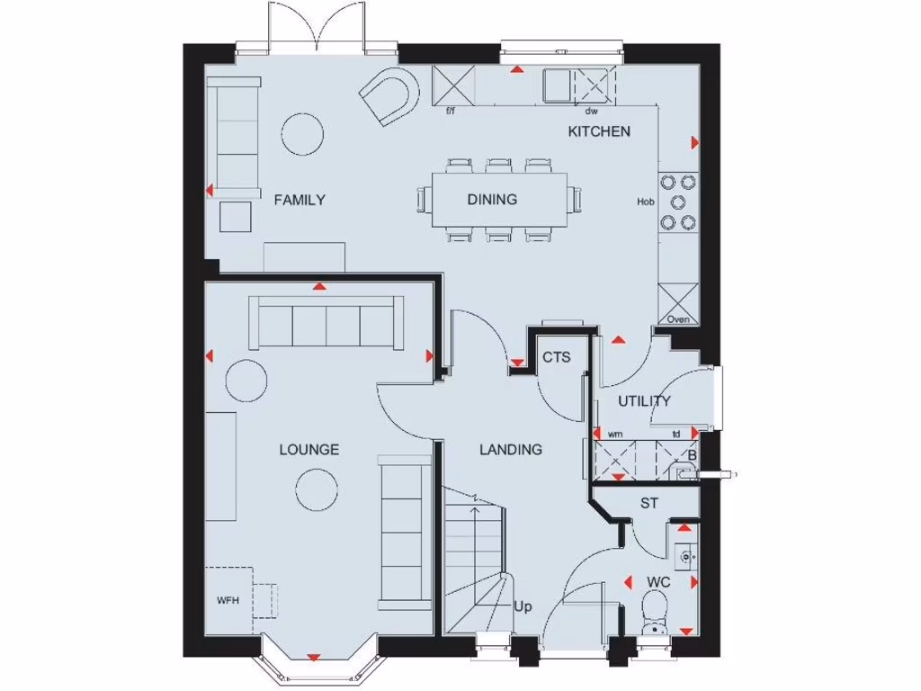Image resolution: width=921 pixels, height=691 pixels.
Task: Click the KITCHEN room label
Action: point(598,131)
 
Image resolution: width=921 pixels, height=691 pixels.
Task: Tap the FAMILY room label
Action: point(300,200)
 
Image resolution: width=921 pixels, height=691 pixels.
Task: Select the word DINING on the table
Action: point(492,200)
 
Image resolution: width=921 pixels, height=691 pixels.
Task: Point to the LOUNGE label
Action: point(308,449)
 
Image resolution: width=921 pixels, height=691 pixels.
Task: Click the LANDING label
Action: point(510,449)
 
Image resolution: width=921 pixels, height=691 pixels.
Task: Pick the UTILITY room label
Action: point(644,401)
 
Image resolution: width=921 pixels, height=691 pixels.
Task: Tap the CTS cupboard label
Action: point(556,357)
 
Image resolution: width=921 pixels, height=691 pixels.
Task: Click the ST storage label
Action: point(648,503)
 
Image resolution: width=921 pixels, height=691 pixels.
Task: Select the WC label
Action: point(658,583)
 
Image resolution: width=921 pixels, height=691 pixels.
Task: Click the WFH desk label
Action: point(227,600)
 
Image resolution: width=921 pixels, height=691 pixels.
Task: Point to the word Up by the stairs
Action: point(523,607)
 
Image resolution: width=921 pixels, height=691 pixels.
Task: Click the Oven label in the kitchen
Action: point(678,319)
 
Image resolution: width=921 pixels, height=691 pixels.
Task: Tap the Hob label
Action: point(645,202)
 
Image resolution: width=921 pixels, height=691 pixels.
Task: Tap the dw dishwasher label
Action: point(591,112)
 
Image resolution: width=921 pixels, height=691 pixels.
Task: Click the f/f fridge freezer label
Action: point(451,112)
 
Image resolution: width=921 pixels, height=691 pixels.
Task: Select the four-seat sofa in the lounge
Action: point(328,321)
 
